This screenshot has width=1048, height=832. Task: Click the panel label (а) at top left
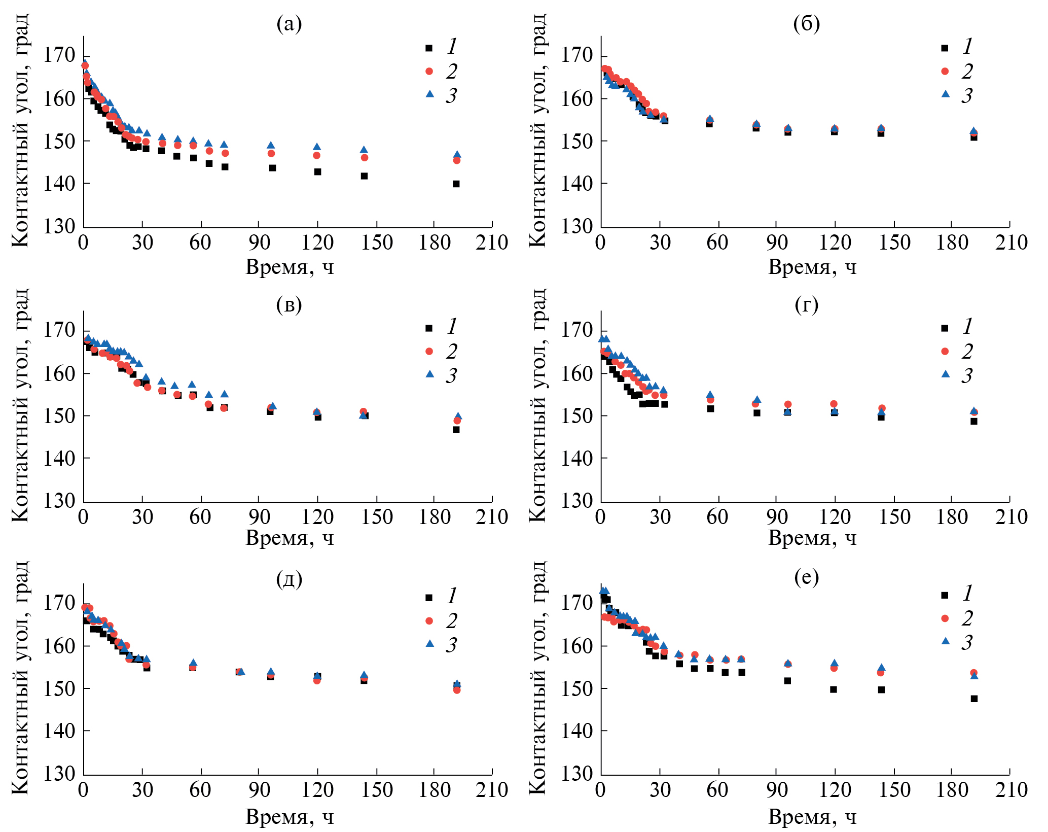tap(289, 24)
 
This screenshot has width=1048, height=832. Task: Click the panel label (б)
tap(806, 24)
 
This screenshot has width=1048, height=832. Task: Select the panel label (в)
tap(289, 304)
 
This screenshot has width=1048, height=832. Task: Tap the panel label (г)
tap(806, 304)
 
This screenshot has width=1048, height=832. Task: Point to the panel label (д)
tap(289, 578)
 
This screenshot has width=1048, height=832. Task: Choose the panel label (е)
tap(806, 577)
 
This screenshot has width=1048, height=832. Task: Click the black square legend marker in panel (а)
tap(429, 48)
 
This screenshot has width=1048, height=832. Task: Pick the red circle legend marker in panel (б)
tap(945, 71)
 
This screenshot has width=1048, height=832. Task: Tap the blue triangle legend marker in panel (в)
tap(430, 374)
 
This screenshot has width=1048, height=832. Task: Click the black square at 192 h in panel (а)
tap(456, 184)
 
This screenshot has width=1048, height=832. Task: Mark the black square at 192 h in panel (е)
tap(974, 699)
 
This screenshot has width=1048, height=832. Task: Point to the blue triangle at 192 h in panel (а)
tap(457, 154)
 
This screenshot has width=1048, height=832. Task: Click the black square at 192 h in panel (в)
tap(456, 430)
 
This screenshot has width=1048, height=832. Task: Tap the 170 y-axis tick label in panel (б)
tap(576, 55)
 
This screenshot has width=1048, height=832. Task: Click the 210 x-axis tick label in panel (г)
tap(1011, 517)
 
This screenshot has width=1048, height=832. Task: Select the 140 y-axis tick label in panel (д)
tap(59, 731)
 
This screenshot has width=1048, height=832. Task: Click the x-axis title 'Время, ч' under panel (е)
tap(812, 816)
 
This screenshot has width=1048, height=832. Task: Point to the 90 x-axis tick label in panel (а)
tap(259, 242)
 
